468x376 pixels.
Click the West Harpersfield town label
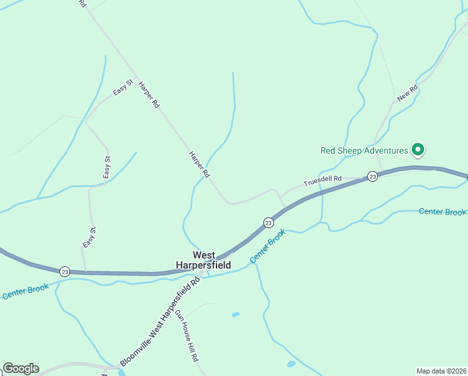coord(211,260)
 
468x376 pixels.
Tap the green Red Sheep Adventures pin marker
coord(417,150)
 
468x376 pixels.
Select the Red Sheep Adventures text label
coord(364,150)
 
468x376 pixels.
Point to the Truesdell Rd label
coord(322,181)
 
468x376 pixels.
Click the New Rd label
coord(407,94)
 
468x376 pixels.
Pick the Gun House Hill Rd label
coord(186,335)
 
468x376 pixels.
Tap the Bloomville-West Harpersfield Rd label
coord(160,323)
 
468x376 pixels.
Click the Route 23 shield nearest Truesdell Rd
coord(372,177)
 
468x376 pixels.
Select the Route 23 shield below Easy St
coord(65,271)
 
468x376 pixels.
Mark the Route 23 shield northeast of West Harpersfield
coord(268,222)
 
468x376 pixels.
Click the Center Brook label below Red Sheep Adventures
coord(442,212)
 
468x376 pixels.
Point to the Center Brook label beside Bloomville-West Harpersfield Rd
coord(267,246)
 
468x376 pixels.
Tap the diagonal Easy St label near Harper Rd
coord(123,87)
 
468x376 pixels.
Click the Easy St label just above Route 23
coord(89,238)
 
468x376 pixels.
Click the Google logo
coord(21,368)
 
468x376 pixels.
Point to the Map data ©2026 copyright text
coord(441,371)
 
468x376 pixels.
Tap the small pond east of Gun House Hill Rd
coord(235,315)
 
